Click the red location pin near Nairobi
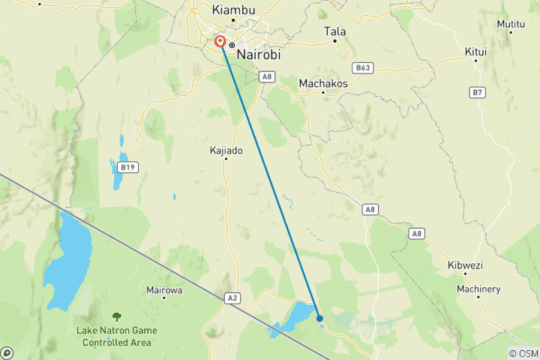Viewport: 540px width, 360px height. pyautogui.click(x=220, y=42)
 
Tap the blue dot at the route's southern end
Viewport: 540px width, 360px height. pyautogui.click(x=320, y=318)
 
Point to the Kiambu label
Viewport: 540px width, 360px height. pyautogui.click(x=233, y=10)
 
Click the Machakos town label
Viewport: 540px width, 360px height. pyautogui.click(x=323, y=83)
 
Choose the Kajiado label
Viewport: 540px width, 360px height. pyautogui.click(x=226, y=150)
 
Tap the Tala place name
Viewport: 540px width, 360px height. pyautogui.click(x=334, y=31)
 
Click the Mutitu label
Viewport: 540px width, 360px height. pyautogui.click(x=511, y=24)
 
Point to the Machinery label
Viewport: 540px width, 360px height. pyautogui.click(x=478, y=289)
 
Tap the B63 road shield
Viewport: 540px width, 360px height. pyautogui.click(x=364, y=67)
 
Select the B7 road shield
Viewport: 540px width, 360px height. pyautogui.click(x=478, y=92)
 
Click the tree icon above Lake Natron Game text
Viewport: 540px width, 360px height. pyautogui.click(x=117, y=317)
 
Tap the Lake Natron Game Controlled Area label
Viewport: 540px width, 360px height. pyautogui.click(x=117, y=336)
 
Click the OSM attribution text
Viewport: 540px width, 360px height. pyautogui.click(x=523, y=353)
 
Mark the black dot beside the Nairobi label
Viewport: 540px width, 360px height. pyautogui.click(x=232, y=45)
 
